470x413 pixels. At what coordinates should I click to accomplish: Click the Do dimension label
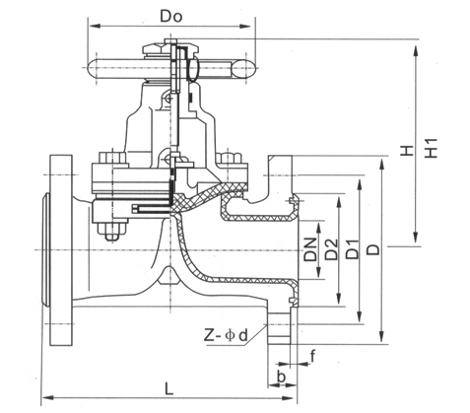tap(170, 16)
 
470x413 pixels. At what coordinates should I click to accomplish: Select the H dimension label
tap(406, 151)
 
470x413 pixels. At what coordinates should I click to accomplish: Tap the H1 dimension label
tap(432, 148)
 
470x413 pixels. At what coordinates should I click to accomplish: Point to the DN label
tap(310, 249)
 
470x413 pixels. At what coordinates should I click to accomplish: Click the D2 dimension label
tap(331, 249)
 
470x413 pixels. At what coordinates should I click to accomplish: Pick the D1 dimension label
tap(353, 249)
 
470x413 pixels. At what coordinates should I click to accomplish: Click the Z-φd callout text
tap(226, 335)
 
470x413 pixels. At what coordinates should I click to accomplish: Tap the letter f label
tap(312, 356)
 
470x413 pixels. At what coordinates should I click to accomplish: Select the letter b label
tap(281, 378)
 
